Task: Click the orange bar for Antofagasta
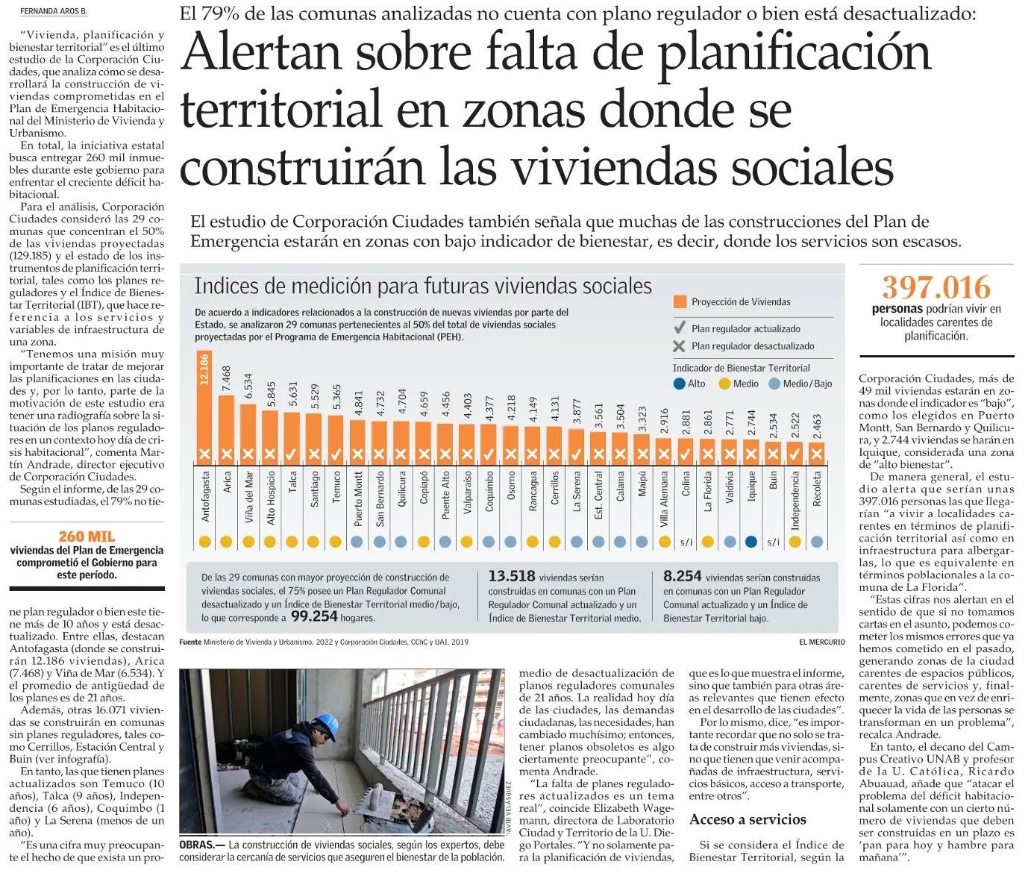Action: tap(204, 410)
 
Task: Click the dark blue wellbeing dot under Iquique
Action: tap(751, 542)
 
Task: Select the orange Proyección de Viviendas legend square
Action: tap(680, 301)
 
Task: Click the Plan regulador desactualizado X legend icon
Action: tap(679, 346)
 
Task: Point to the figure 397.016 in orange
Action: tap(936, 287)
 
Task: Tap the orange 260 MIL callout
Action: tap(87, 537)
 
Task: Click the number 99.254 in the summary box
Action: tap(314, 617)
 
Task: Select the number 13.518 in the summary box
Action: tap(511, 576)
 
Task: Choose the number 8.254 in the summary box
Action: tap(682, 576)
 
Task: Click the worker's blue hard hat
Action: tap(326, 723)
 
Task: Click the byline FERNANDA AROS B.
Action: tap(54, 11)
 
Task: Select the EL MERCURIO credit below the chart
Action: tap(822, 642)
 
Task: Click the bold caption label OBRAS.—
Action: tap(202, 845)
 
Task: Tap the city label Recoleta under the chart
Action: tap(817, 489)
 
